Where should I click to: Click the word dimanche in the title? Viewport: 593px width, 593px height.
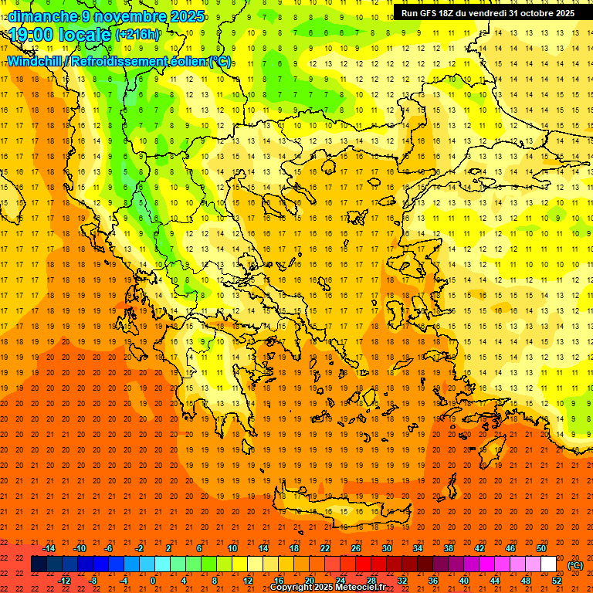[x=42, y=15]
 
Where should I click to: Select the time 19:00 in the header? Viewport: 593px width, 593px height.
[x=32, y=35]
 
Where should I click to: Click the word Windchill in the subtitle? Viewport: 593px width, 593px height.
[x=34, y=61]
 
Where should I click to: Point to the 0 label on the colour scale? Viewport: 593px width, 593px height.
[x=154, y=581]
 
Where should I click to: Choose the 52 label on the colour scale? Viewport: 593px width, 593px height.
[x=557, y=581]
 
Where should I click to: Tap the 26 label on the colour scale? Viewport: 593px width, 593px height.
[x=356, y=548]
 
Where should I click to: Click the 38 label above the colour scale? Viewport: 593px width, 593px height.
[x=449, y=548]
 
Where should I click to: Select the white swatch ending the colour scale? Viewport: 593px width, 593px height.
[x=549, y=564]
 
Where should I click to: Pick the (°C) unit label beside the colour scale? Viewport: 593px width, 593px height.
[x=575, y=564]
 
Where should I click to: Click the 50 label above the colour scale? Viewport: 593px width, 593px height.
[x=541, y=548]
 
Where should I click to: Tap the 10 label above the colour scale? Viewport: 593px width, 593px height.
[x=232, y=548]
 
